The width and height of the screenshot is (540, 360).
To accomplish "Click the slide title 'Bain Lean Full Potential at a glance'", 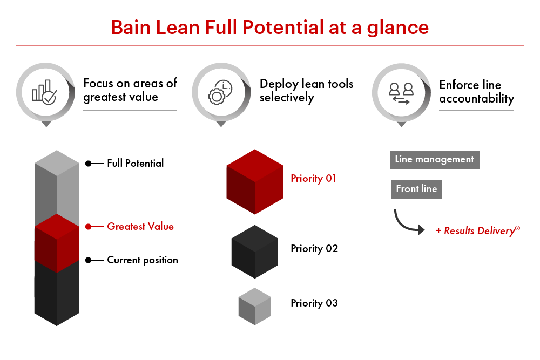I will (x=269, y=27).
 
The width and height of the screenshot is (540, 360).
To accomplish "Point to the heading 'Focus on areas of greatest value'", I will (x=130, y=90).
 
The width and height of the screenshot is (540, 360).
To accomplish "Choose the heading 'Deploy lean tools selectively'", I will (x=306, y=90).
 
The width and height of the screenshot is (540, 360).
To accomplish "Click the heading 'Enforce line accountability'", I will (x=476, y=92).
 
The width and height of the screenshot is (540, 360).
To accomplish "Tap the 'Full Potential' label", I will (x=135, y=163).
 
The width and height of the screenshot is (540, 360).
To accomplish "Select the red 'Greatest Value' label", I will (x=140, y=227).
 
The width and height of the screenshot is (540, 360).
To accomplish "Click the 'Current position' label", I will (x=143, y=260).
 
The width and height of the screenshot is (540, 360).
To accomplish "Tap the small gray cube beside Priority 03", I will (x=254, y=306).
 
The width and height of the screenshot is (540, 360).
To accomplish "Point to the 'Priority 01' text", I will (x=313, y=179).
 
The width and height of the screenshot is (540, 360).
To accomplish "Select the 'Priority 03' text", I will (x=314, y=303).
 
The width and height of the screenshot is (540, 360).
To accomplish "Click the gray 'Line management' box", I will (x=435, y=160).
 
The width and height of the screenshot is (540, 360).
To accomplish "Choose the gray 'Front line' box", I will (x=416, y=189).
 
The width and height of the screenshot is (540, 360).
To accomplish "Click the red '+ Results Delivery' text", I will (x=478, y=231).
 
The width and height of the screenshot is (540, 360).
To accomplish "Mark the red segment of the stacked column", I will (x=57, y=243).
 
